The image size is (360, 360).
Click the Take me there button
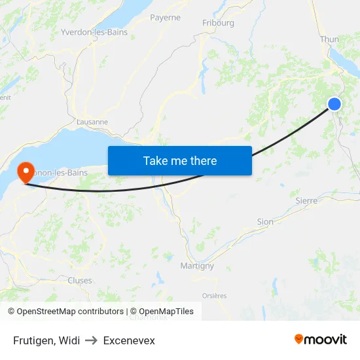coord(180,161)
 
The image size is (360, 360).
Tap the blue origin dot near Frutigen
coord(334,104)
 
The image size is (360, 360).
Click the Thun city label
coord(329,39)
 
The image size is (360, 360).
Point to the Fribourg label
coord(218,23)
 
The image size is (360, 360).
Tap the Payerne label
coord(165,18)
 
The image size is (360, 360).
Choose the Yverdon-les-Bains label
coord(94,31)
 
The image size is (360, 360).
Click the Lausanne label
coord(92,122)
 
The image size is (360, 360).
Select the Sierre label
coord(306,200)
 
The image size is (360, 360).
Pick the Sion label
coord(265,222)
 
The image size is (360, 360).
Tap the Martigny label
coord(197,266)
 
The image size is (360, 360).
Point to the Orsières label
coord(214,296)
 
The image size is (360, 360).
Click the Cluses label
coord(80,280)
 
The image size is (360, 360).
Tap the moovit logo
coord(321,340)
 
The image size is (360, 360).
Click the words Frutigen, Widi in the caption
coord(46,340)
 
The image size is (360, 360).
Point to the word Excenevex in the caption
coord(129,340)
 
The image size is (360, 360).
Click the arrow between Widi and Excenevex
coord(92,340)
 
